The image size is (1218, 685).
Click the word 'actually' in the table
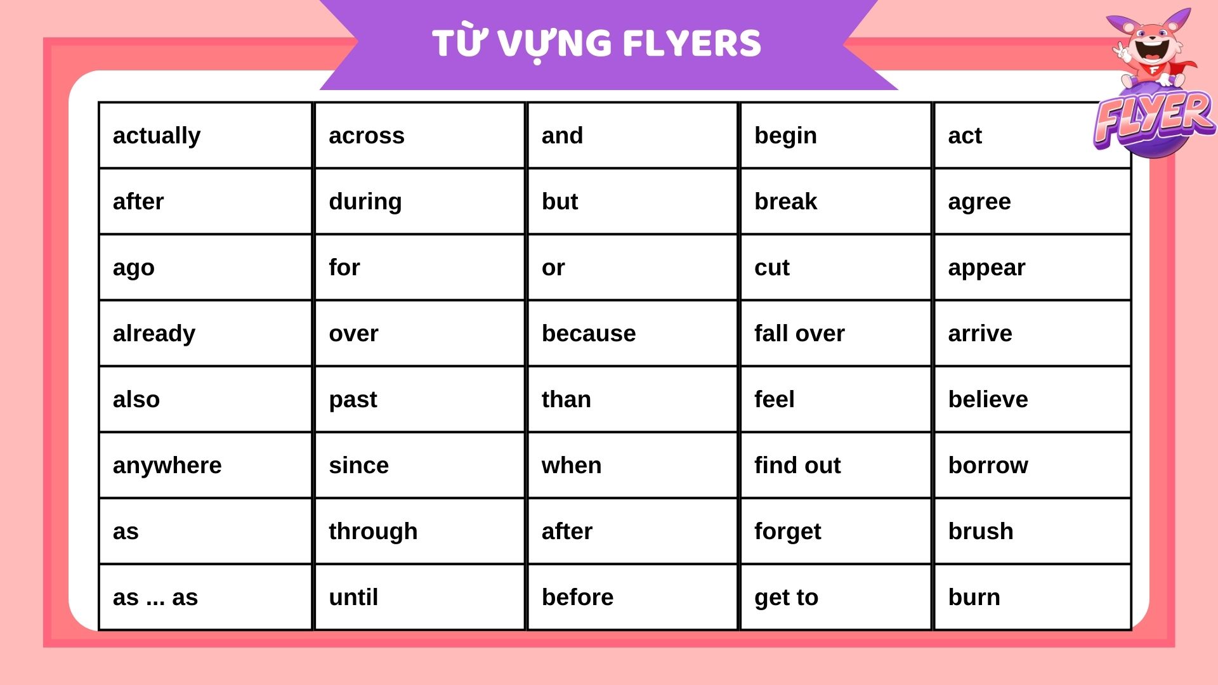click(x=157, y=136)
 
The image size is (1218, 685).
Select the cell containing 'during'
click(x=420, y=201)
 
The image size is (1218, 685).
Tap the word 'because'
click(x=589, y=334)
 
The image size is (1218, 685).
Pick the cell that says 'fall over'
click(x=835, y=333)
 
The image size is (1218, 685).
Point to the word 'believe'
click(x=988, y=400)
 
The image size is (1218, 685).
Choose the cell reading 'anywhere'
click(x=206, y=465)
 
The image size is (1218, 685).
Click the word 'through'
click(x=373, y=532)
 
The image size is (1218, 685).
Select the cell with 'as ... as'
click(x=206, y=597)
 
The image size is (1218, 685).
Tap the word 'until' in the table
click(x=353, y=597)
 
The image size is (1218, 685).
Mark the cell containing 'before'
click(x=632, y=597)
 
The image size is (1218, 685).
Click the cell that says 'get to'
click(x=835, y=597)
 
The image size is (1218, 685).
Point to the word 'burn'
click(x=974, y=597)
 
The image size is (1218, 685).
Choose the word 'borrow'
click(x=988, y=466)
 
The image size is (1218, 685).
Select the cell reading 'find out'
click(x=835, y=465)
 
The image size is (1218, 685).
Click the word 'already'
click(x=154, y=334)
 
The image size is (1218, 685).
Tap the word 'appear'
click(x=986, y=268)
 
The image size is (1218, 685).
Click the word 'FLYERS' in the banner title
click(x=692, y=43)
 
